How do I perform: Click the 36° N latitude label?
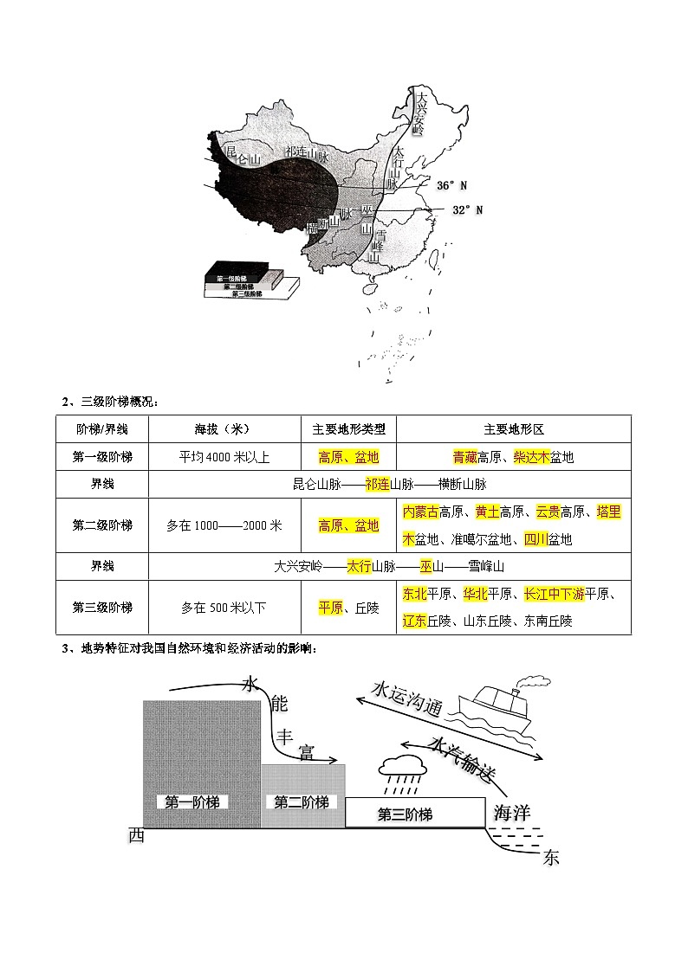(x=451, y=185)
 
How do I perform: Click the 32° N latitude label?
(x=468, y=209)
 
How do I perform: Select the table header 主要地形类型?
(x=348, y=429)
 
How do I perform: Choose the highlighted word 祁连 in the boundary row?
(x=378, y=485)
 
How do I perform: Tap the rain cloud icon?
(x=400, y=769)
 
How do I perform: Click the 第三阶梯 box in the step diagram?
(x=406, y=814)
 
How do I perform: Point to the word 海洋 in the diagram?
(x=510, y=812)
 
